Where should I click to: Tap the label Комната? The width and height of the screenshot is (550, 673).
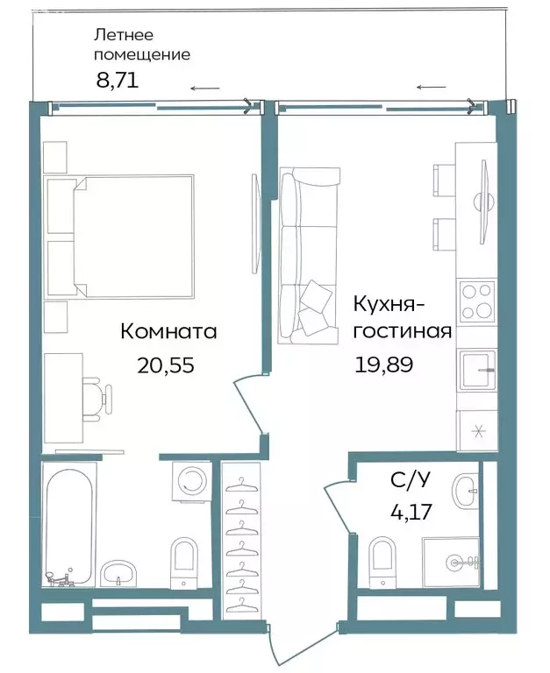click(x=168, y=332)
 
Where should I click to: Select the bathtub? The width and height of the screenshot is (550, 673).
click(x=68, y=526)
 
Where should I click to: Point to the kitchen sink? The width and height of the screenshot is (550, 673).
click(x=476, y=369)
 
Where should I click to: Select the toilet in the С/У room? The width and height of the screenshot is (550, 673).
click(x=382, y=558)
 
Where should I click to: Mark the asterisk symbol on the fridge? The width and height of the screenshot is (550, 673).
click(x=478, y=430)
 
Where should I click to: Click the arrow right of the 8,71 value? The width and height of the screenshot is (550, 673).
click(x=205, y=88)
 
